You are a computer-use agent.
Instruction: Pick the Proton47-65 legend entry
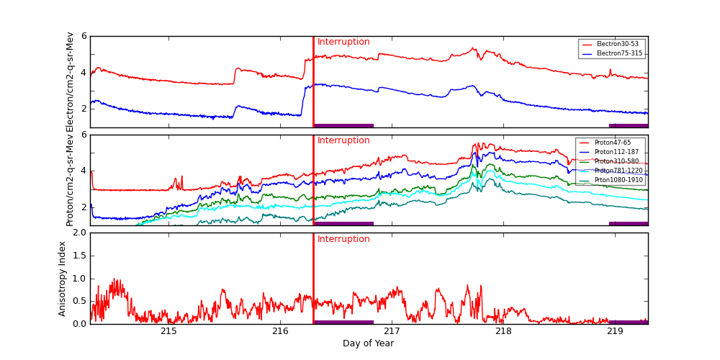pyautogui.click(x=612, y=143)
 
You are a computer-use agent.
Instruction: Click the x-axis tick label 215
pyautogui.click(x=169, y=332)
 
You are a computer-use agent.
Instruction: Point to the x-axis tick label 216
pyautogui.click(x=281, y=332)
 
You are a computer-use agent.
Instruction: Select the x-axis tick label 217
pyautogui.click(x=392, y=332)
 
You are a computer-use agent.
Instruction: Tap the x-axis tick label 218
pyautogui.click(x=503, y=332)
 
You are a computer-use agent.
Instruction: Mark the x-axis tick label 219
pyautogui.click(x=615, y=332)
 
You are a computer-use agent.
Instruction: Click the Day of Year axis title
pyautogui.click(x=368, y=343)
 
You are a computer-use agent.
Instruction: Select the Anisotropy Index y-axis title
pyautogui.click(x=63, y=279)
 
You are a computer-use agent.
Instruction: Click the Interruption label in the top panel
pyautogui.click(x=343, y=42)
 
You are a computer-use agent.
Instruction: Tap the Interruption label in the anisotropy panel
pyautogui.click(x=343, y=240)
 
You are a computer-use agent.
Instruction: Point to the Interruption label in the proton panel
pyautogui.click(x=343, y=141)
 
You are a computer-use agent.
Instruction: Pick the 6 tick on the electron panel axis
pyautogui.click(x=84, y=36)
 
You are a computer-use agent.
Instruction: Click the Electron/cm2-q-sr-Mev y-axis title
pyautogui.click(x=70, y=81)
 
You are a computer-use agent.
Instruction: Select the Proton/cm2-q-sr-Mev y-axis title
pyautogui.click(x=70, y=180)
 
